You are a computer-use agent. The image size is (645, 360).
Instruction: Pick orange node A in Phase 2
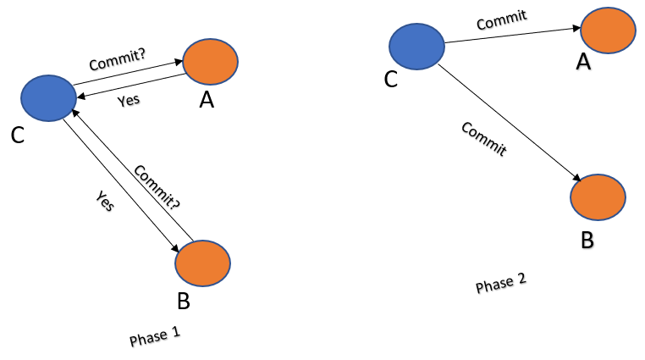tap(607, 31)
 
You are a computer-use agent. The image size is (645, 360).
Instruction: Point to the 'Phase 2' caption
tap(501, 283)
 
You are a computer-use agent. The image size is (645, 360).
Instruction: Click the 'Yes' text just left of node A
tap(130, 99)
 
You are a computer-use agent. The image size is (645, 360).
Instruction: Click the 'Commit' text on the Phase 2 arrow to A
tap(502, 19)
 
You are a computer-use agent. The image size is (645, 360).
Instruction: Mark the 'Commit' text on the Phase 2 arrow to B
tap(484, 140)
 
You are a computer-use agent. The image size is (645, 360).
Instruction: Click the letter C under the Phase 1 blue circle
tap(18, 136)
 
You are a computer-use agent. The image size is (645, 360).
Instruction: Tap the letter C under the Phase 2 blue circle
tap(391, 80)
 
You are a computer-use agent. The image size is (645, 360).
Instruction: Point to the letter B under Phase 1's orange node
tap(185, 301)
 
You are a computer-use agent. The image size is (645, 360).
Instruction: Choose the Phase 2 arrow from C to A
tap(513, 35)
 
